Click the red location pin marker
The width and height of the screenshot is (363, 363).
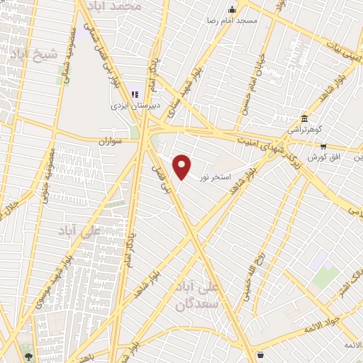182,167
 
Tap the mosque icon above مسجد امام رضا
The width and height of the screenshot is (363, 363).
232,9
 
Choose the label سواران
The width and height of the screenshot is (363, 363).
111,142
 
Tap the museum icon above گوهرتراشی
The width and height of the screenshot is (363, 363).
305,118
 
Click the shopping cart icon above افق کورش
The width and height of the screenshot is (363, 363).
323,147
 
